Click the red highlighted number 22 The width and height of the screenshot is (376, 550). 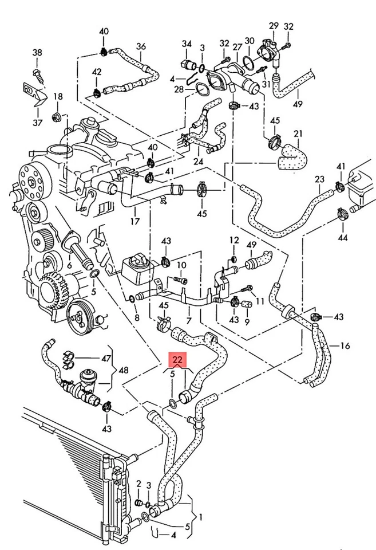(x=177, y=360)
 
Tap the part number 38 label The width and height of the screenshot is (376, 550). (x=37, y=53)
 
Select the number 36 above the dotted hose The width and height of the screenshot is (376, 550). (x=141, y=46)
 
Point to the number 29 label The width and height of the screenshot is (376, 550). (x=273, y=26)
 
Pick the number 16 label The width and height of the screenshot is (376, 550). (x=345, y=346)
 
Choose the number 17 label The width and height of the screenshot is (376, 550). (x=135, y=219)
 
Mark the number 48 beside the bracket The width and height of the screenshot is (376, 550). (x=123, y=370)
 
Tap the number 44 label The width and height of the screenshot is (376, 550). (x=342, y=237)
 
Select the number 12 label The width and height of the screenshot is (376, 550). (x=234, y=239)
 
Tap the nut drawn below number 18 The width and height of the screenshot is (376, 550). (x=57, y=118)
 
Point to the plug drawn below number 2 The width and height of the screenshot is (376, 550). (x=138, y=502)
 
